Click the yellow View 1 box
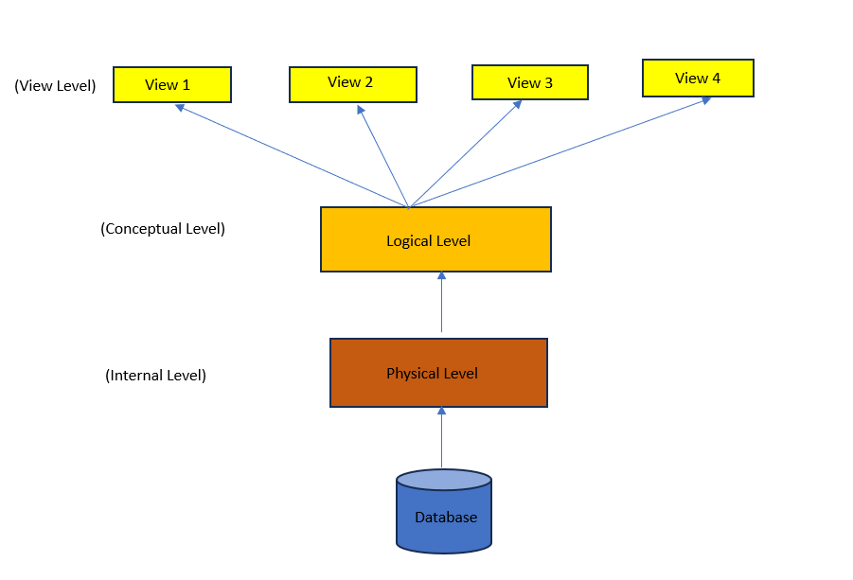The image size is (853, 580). click(x=171, y=84)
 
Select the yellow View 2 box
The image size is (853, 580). click(x=352, y=83)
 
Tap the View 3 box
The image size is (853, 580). click(x=529, y=82)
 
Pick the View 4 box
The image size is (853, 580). click(x=698, y=78)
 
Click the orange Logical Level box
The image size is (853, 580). click(x=435, y=239)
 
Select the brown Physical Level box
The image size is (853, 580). click(x=438, y=373)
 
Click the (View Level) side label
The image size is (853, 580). click(x=55, y=85)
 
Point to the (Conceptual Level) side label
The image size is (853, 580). click(x=163, y=229)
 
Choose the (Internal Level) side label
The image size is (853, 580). click(x=155, y=375)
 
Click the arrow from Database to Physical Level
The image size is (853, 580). click(x=441, y=440)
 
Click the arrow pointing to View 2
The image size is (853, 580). click(x=382, y=156)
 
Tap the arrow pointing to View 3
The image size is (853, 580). click(x=465, y=153)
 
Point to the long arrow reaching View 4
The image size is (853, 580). click(x=559, y=151)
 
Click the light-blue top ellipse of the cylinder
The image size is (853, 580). click(x=443, y=480)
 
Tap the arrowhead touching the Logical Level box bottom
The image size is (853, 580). click(x=441, y=276)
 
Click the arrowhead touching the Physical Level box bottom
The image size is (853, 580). click(x=441, y=412)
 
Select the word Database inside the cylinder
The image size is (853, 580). click(x=446, y=518)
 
